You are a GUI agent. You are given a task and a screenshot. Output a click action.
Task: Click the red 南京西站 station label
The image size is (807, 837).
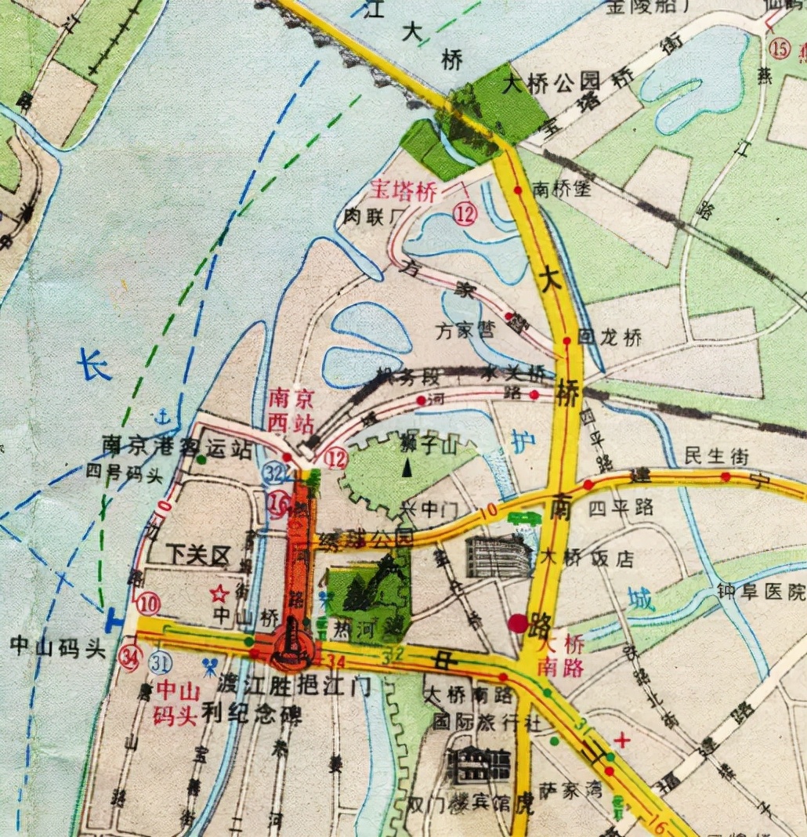click(x=291, y=411)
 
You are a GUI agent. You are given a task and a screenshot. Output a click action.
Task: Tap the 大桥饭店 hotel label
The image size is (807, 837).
click(x=587, y=559)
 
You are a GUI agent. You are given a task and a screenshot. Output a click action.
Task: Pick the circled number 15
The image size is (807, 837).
click(x=780, y=49)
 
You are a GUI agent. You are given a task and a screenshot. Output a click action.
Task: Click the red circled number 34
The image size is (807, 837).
click(x=131, y=657)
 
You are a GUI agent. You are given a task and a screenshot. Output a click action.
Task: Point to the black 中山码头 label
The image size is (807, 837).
click(x=57, y=647)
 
